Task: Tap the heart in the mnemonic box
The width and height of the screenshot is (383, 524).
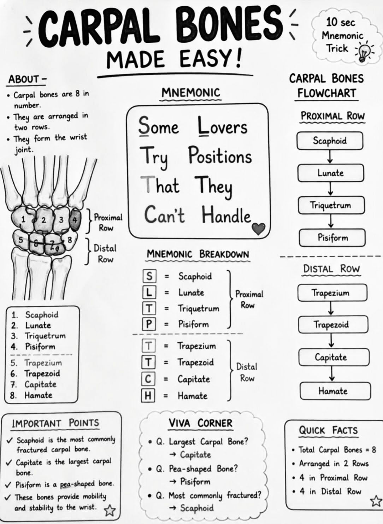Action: pos(258,229)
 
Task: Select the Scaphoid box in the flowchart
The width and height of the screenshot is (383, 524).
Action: pos(330,141)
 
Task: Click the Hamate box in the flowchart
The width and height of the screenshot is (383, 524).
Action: pos(335,391)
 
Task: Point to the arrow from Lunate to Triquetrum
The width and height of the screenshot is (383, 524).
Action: pos(330,189)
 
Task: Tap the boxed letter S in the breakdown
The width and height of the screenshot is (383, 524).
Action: pos(149,276)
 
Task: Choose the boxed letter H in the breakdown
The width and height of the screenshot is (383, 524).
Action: pos(148,396)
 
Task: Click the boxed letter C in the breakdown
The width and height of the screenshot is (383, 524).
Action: pos(148,379)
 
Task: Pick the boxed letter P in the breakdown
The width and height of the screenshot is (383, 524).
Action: pos(149,324)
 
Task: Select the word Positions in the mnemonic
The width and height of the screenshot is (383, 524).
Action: pos(220,155)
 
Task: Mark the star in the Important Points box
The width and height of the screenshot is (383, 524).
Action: pos(110,510)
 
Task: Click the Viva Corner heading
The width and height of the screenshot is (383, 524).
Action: pos(200,423)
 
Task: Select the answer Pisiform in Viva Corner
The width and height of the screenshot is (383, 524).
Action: pos(195,482)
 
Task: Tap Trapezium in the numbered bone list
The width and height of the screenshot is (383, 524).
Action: pos(43,363)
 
